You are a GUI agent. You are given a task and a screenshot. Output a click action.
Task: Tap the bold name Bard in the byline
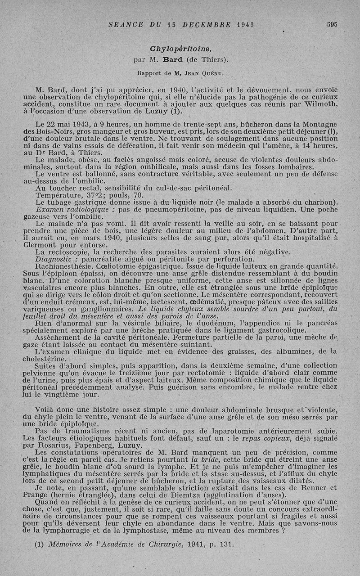click(172, 59)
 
